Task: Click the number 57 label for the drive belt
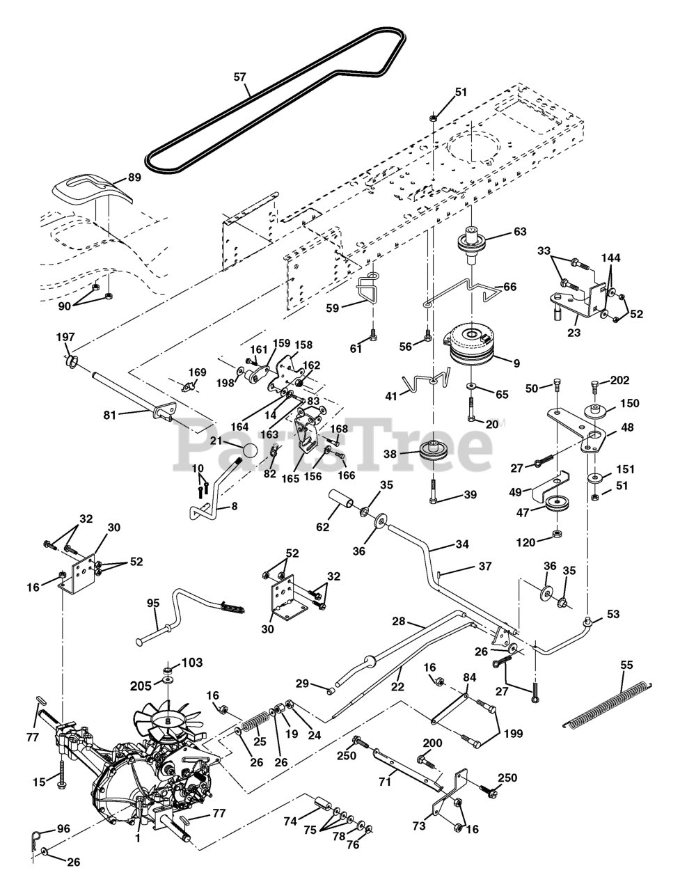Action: tap(239, 77)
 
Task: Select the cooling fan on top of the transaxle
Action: tap(167, 717)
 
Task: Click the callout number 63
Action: tap(520, 232)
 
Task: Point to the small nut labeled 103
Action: tap(168, 666)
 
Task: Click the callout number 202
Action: tap(619, 380)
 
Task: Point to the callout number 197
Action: tap(65, 338)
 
